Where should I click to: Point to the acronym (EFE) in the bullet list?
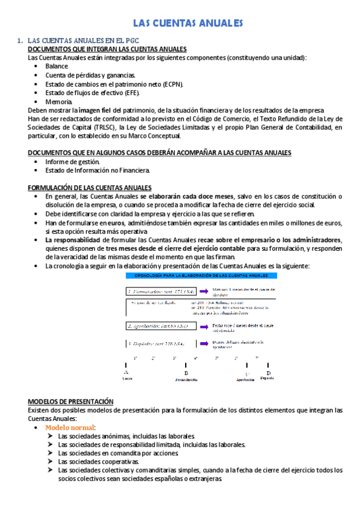[130, 93]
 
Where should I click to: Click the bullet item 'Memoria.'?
[58, 102]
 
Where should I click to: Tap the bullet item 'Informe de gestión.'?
[73, 162]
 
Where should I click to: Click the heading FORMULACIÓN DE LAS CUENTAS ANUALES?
[90, 188]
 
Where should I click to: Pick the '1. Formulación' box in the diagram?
[158, 291]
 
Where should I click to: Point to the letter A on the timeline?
[126, 373]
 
